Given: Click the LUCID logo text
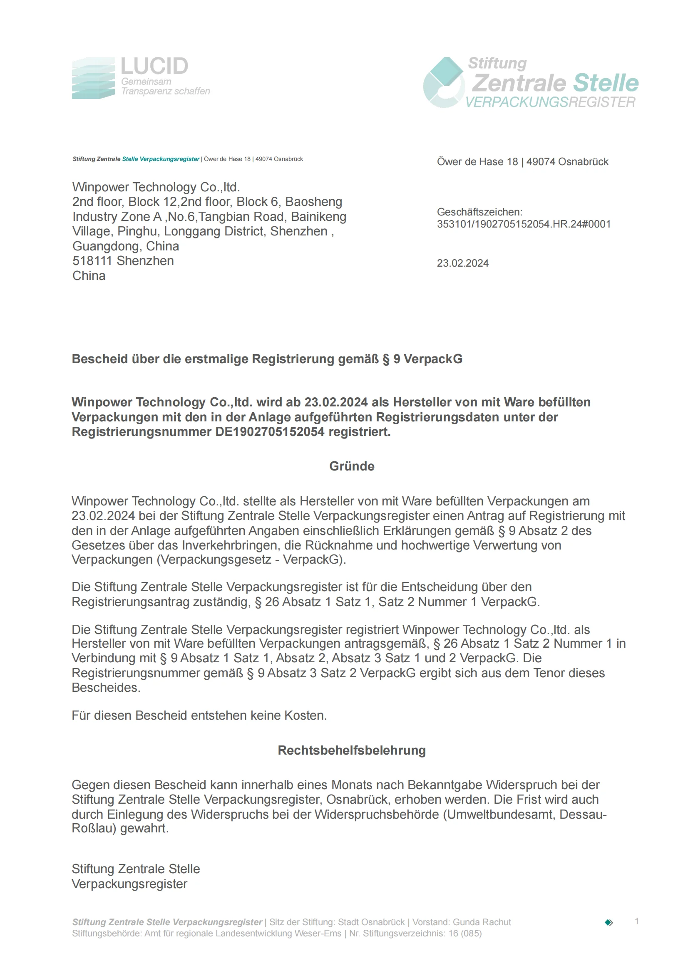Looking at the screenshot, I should click(x=154, y=67).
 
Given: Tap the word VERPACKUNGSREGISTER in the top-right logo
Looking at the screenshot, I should click(x=550, y=102).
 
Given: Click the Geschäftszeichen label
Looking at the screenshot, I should click(x=479, y=212).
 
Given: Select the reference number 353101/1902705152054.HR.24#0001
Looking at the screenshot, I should click(x=524, y=224).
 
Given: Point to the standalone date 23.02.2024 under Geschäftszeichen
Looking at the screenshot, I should click(x=462, y=263).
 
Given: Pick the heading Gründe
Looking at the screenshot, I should click(x=351, y=466).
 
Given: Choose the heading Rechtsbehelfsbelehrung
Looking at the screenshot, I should click(x=351, y=750).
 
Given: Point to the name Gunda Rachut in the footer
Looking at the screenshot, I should click(x=482, y=922).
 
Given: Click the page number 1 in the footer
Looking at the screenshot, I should click(x=636, y=921).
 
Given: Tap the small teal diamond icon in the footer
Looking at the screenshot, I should click(x=609, y=923).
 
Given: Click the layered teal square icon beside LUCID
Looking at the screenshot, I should click(x=93, y=78).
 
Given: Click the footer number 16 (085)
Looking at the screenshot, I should click(x=464, y=933).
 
